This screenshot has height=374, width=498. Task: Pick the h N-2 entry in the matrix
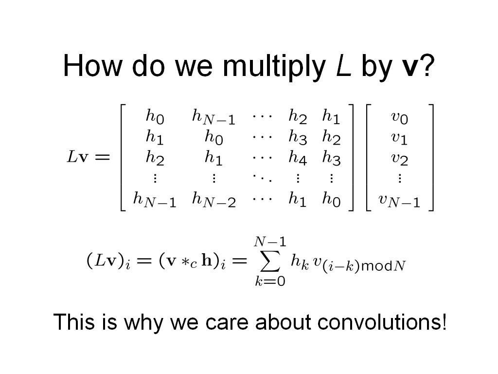click(214, 199)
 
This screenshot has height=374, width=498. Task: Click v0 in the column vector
click(399, 117)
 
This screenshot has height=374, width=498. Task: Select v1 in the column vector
click(399, 138)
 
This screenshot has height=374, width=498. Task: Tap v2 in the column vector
click(399, 159)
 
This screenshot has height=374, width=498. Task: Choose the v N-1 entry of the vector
click(399, 201)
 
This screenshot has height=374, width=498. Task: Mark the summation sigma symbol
click(269, 261)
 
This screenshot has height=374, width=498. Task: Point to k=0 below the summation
click(270, 281)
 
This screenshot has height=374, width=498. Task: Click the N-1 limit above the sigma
click(270, 242)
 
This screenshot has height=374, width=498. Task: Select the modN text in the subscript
click(383, 265)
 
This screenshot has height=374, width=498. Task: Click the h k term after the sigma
click(300, 262)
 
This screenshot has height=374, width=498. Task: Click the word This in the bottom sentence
click(74, 321)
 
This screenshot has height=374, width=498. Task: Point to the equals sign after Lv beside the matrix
click(102, 157)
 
